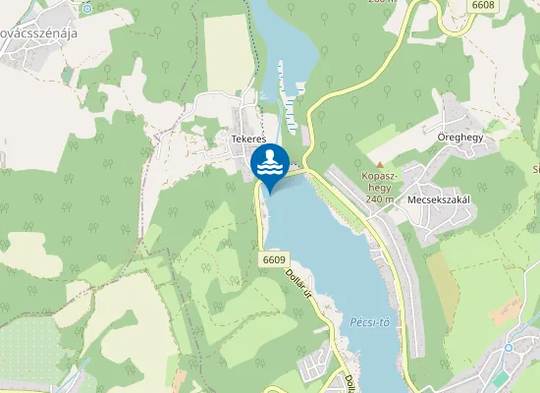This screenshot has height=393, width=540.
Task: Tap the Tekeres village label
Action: point(249,140)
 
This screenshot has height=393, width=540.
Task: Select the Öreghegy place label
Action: point(461,138)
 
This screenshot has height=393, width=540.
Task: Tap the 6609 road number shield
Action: point(274,259)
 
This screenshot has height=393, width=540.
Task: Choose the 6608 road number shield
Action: point(482,6)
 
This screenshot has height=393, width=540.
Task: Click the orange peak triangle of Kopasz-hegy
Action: point(379,164)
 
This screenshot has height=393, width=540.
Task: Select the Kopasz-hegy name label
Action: point(378,183)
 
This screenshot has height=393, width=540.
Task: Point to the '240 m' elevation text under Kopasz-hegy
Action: point(379,199)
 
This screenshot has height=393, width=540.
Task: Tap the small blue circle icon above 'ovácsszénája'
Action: point(86,8)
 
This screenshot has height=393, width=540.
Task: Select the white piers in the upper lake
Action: point(289,93)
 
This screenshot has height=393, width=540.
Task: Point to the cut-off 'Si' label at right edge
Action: point(536,169)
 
